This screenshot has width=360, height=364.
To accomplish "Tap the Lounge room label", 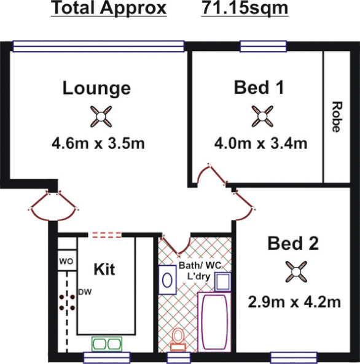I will [96, 88].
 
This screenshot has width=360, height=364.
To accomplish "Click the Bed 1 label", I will [259, 87].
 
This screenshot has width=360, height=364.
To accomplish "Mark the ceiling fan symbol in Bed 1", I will [262, 115].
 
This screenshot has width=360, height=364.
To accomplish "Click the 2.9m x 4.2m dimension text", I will [294, 302].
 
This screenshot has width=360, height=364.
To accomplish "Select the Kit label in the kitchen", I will [105, 269].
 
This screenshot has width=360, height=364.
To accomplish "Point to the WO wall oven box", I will [66, 262].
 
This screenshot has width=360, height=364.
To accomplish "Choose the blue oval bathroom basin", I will [166, 277].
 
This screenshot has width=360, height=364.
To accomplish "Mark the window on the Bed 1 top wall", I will [263, 45].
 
